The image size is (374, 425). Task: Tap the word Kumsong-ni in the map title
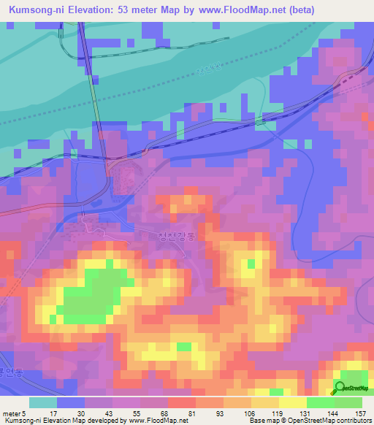[33, 10]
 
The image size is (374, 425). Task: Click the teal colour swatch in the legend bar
[42, 402]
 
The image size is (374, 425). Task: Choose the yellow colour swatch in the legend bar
[292, 402]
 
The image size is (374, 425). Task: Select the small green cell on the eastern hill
[251, 263]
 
